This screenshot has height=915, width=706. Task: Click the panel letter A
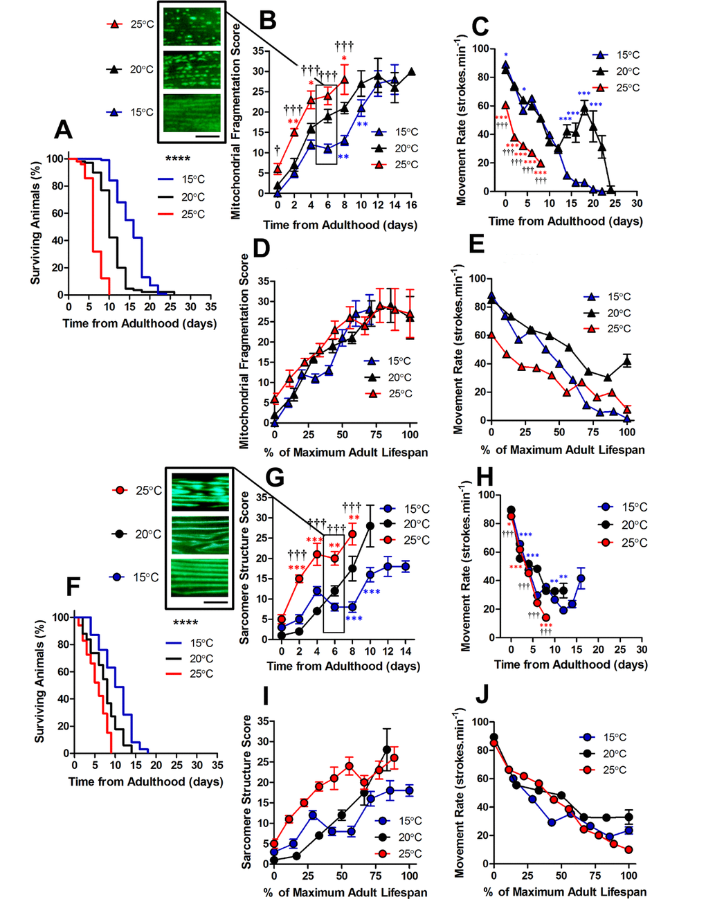[64, 129]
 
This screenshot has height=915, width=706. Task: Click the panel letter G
[275, 477]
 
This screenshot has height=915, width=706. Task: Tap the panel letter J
[482, 694]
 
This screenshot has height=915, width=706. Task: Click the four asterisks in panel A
[177, 159]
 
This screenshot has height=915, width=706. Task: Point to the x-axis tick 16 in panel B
[411, 205]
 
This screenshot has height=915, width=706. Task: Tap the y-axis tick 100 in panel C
[480, 49]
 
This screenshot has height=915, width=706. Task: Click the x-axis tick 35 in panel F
[217, 765]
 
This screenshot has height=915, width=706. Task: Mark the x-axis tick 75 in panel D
[376, 435]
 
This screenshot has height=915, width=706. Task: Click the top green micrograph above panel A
[192, 25]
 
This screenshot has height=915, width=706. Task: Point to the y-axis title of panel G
[244, 568]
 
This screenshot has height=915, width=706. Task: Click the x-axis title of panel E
[563, 450]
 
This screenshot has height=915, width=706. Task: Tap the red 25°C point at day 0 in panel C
[506, 106]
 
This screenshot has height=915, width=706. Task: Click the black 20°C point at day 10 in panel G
[370, 526]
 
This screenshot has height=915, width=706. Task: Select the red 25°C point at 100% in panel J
[628, 849]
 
